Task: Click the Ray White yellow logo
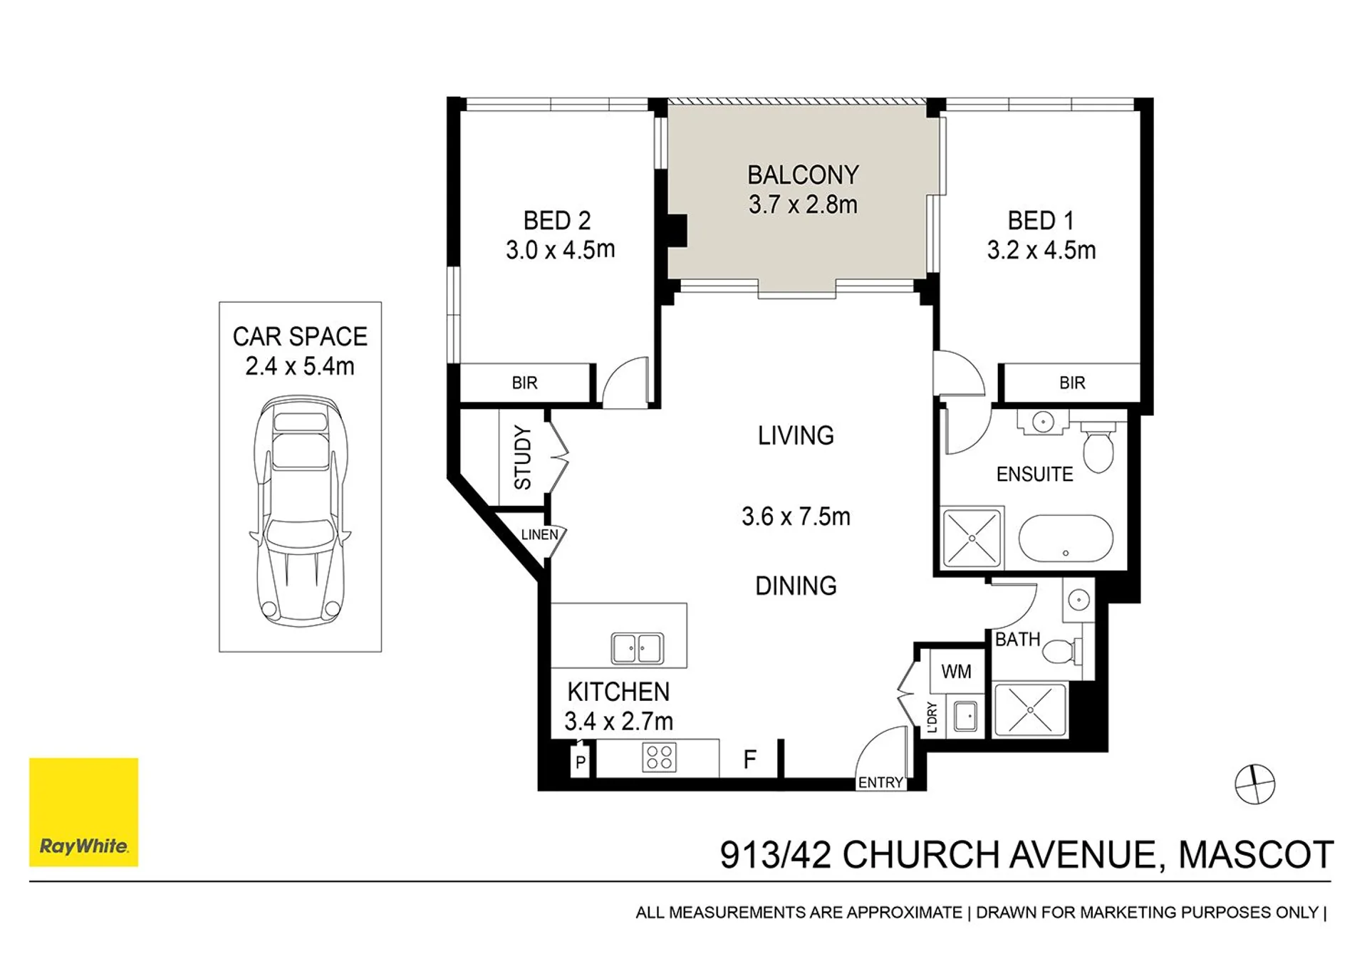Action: (83, 811)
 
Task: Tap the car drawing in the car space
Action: (300, 511)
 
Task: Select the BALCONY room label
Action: (803, 175)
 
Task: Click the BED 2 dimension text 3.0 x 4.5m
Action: (560, 250)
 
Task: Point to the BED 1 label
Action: (1040, 220)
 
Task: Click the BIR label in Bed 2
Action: (524, 383)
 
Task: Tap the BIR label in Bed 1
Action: (1072, 383)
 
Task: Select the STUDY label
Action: (523, 457)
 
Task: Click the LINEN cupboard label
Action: (539, 534)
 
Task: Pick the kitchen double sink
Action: (638, 648)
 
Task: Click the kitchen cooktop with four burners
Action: (659, 758)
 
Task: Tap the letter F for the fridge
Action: (749, 759)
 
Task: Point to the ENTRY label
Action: (880, 782)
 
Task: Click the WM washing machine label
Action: (956, 672)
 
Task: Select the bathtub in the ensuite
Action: (1066, 539)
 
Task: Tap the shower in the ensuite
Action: (972, 537)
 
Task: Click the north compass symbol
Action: (1254, 784)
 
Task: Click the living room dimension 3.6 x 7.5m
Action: (796, 516)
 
